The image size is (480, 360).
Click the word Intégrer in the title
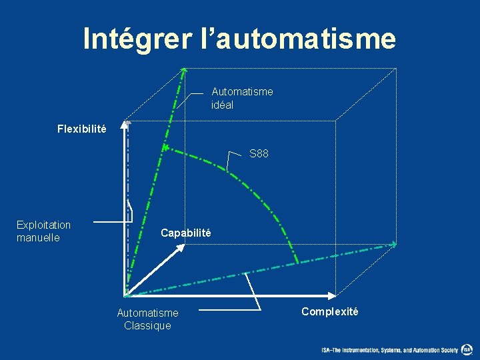coord(137,39)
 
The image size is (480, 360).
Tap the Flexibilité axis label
coord(81,129)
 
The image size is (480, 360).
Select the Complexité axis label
coord(329,311)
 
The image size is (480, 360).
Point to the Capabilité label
coord(185,233)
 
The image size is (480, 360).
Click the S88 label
coord(259,154)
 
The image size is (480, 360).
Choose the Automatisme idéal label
coord(241,98)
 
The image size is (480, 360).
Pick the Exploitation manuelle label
coord(43,231)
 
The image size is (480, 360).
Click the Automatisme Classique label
coord(147,319)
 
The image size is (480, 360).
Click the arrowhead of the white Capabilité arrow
coord(181,247)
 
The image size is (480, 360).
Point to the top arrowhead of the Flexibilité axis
coord(127,124)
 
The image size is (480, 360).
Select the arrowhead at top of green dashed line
coord(184,69)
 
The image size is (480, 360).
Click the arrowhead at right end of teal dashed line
coord(394,244)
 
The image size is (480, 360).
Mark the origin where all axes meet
coord(126,295)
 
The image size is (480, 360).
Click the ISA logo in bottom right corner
coord(467,349)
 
